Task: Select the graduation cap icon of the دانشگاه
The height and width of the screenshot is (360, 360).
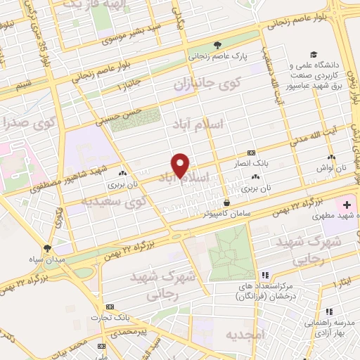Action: click(x=312, y=55)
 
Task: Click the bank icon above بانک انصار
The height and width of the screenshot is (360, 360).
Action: click(x=251, y=153)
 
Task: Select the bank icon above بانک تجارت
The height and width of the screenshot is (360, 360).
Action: click(x=110, y=307)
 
